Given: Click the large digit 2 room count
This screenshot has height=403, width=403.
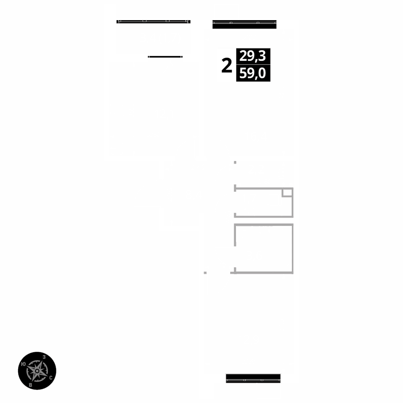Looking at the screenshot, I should [227, 65].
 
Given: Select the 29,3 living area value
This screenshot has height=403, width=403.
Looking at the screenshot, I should [253, 56].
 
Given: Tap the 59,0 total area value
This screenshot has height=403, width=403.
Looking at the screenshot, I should [253, 74].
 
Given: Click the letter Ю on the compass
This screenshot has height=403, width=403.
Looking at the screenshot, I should [24, 364].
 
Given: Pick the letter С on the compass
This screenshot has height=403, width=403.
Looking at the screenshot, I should [50, 378].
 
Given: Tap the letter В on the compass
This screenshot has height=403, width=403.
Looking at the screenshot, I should [31, 384].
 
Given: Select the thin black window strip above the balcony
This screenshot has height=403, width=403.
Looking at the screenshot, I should [153, 21].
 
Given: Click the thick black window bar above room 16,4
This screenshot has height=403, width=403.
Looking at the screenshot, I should [244, 24].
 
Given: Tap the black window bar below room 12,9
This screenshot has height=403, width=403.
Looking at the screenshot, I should [253, 378].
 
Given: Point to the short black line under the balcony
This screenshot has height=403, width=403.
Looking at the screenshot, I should [165, 57].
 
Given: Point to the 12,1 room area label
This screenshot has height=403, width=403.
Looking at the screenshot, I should [165, 114].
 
